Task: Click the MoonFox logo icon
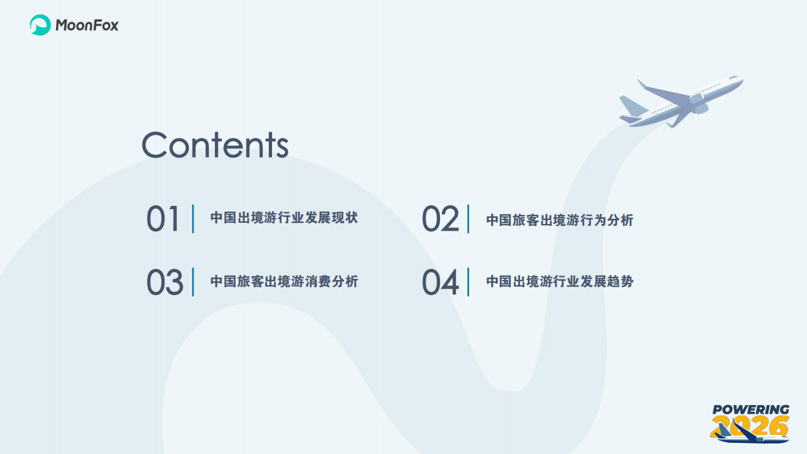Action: click(40, 25)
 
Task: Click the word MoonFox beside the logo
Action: click(87, 26)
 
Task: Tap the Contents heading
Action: click(215, 145)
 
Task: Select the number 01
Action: click(163, 219)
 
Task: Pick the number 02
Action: click(441, 220)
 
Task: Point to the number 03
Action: click(165, 282)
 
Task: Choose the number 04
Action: click(441, 282)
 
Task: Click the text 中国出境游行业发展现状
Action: click(284, 218)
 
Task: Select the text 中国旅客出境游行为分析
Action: click(560, 220)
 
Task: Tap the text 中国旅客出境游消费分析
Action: click(284, 281)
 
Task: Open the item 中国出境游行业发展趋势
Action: click(560, 281)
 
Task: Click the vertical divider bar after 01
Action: click(193, 219)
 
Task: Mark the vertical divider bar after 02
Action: click(469, 219)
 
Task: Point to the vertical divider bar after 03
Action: click(193, 282)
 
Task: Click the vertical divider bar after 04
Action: click(469, 282)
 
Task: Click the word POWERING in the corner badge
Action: click(750, 410)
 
